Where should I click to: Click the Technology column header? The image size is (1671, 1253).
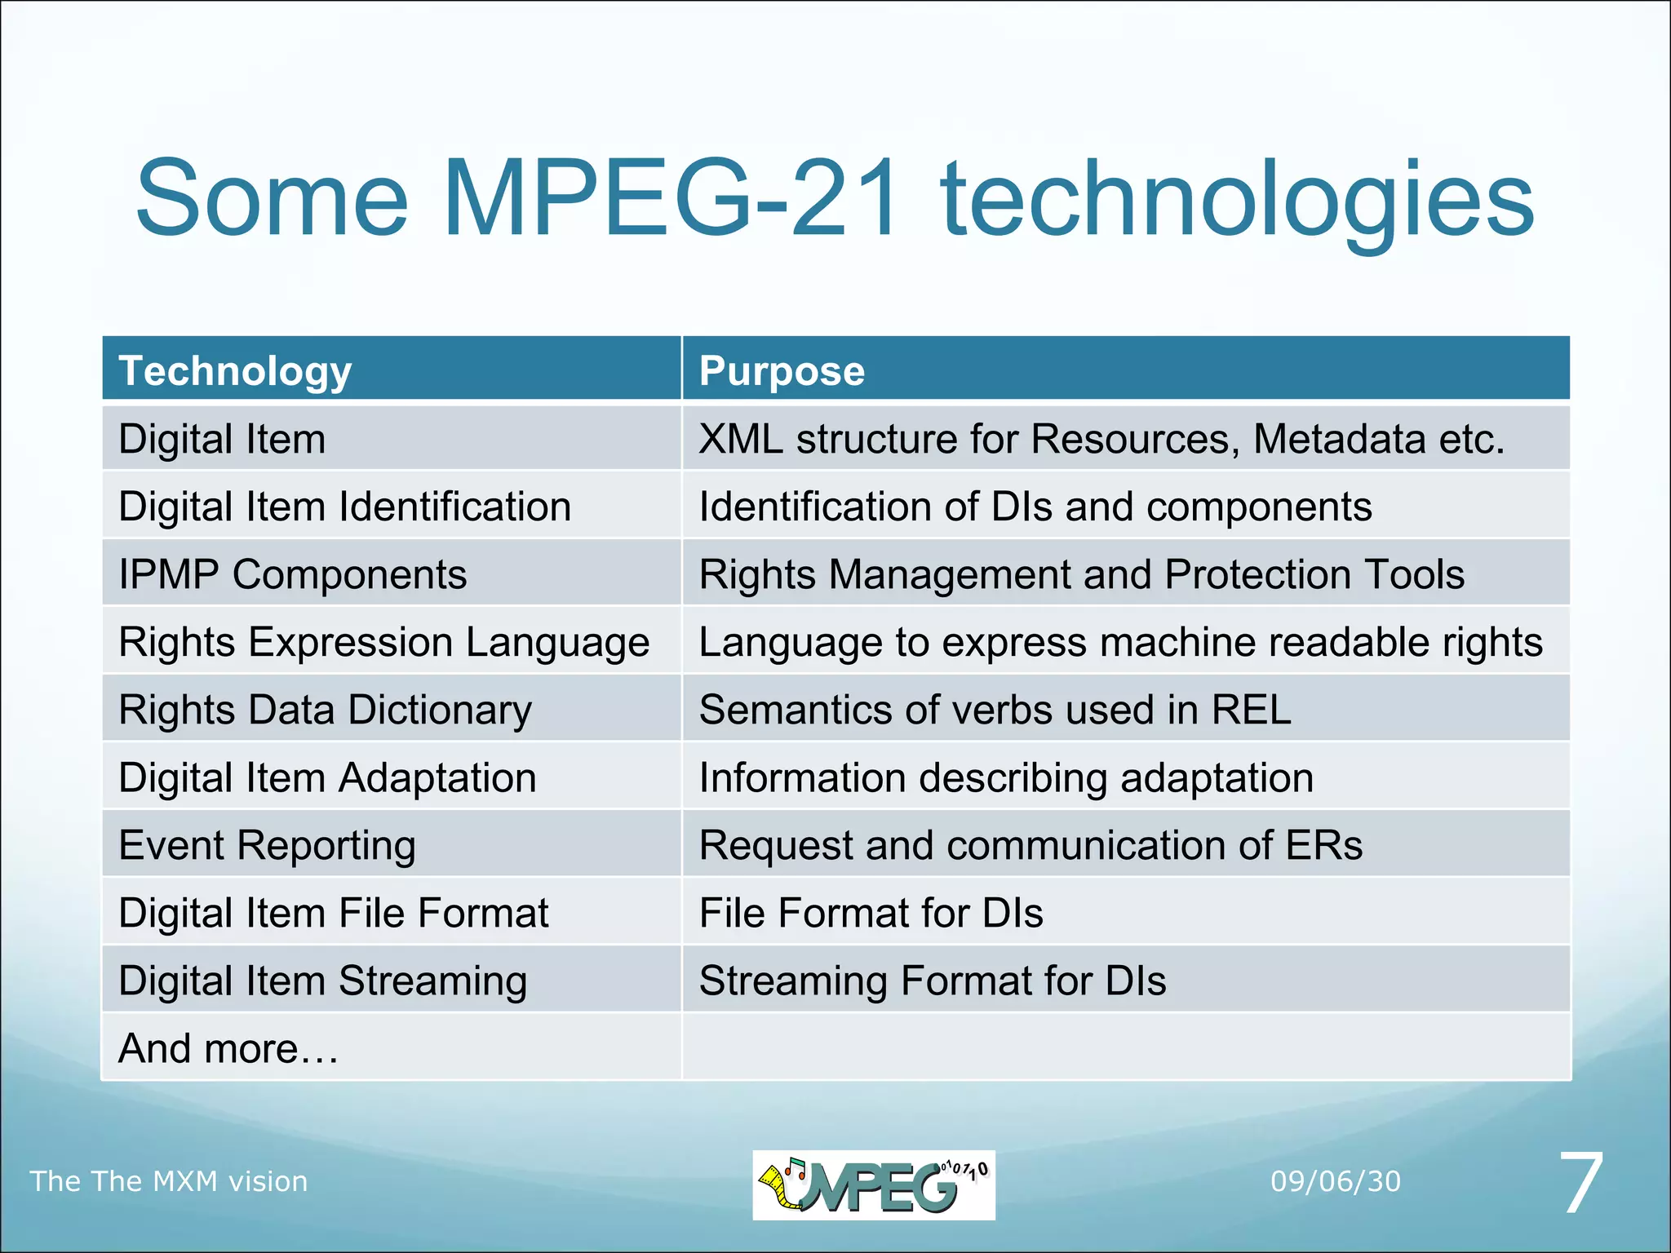[x=235, y=371]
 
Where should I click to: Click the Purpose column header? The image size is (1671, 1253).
[x=782, y=371]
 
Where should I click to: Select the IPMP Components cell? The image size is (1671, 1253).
[x=293, y=574]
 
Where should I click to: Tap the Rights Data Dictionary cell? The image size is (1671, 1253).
[x=325, y=710]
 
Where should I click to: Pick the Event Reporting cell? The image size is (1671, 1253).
[x=268, y=845]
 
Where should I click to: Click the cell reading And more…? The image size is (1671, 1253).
[x=228, y=1048]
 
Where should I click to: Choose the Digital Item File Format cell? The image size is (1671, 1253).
[x=334, y=913]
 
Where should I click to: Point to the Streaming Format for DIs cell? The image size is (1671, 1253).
[x=933, y=981]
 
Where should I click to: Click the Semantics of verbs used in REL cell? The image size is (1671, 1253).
[x=995, y=710]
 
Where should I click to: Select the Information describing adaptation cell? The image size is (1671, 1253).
[x=1006, y=777]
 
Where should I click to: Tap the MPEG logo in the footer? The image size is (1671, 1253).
[x=873, y=1184]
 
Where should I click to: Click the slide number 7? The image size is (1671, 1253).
[x=1581, y=1183]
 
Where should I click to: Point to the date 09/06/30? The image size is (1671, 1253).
[x=1336, y=1181]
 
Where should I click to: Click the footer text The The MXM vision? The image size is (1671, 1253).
[x=169, y=1181]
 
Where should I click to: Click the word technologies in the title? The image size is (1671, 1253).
[x=1237, y=200]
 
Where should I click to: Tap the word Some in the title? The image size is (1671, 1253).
[x=272, y=200]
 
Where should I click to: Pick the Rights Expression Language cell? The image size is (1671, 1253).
[x=383, y=642]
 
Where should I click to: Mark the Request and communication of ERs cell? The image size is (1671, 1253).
[x=1031, y=845]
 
